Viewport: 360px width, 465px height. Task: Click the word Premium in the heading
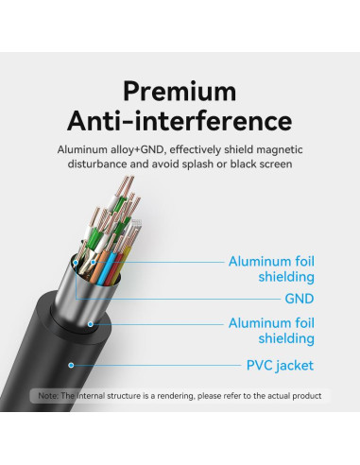click(180, 92)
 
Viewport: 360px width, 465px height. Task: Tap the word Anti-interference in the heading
click(180, 121)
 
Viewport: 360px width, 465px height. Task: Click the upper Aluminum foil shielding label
click(271, 269)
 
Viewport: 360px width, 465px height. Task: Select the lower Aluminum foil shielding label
click(271, 331)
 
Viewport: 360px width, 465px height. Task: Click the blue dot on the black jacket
click(69, 364)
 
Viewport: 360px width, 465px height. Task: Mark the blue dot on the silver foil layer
click(92, 323)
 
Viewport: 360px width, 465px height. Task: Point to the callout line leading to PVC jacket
click(151, 365)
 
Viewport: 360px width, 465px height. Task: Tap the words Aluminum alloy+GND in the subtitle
click(100, 149)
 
